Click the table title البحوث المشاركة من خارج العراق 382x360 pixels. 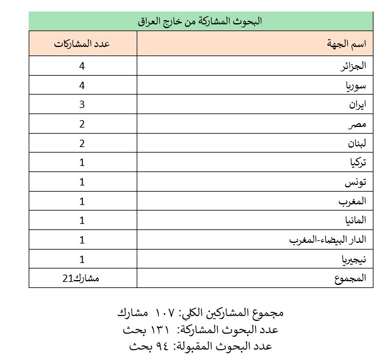(200, 21)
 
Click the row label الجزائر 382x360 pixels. (354, 65)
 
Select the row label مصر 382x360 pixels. (359, 124)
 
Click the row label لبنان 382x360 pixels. (356, 143)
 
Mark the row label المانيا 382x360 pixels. (355, 220)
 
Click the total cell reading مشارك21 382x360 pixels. (83, 278)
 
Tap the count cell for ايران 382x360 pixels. (82, 104)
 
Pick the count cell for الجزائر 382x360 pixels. (82, 65)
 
